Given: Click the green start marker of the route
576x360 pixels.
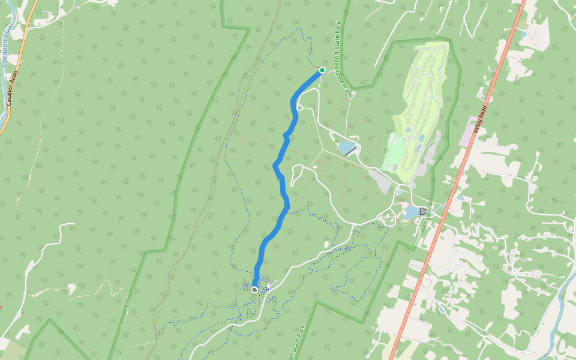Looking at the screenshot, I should click(x=322, y=70).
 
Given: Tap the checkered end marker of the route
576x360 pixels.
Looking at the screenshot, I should click(x=254, y=290).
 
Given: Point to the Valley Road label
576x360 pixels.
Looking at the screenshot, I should click(x=480, y=120).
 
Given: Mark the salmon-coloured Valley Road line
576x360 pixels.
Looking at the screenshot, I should click(x=444, y=210).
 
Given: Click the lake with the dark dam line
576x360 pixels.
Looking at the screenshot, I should click(x=346, y=147).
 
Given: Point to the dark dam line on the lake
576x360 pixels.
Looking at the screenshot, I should click(x=352, y=152).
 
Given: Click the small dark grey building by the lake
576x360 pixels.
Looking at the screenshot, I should click(x=423, y=211).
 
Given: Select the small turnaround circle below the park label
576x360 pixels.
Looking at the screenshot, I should click(x=353, y=93).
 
